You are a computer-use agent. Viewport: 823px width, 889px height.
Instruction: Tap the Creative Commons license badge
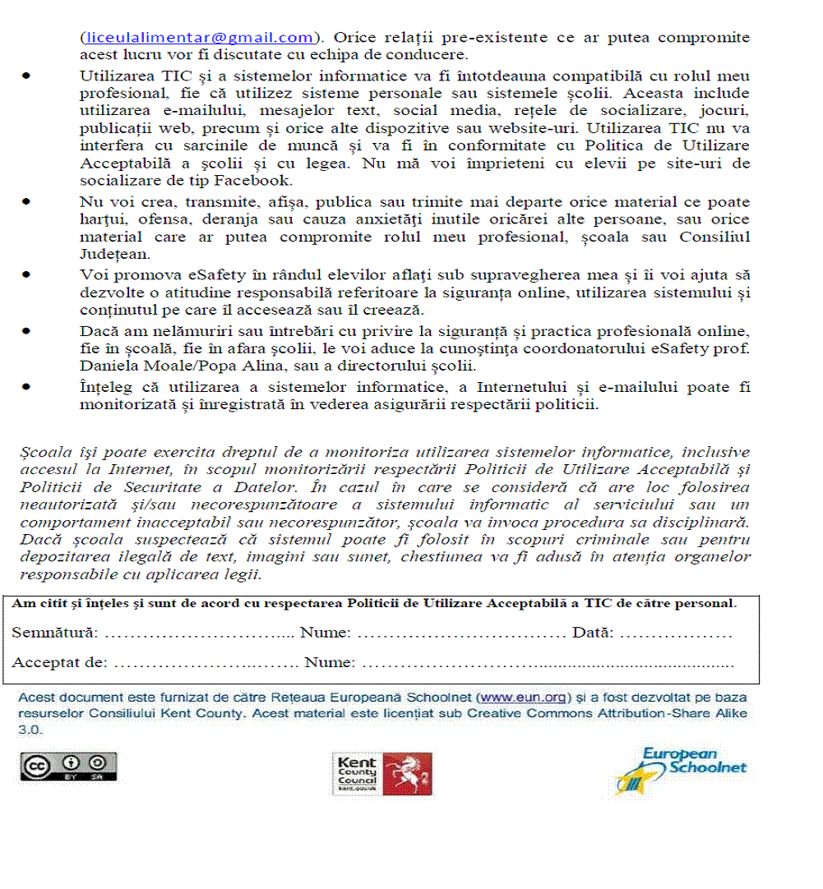click(69, 766)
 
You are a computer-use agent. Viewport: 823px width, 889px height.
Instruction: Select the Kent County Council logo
click(382, 774)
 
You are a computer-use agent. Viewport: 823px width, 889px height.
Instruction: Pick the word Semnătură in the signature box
click(54, 633)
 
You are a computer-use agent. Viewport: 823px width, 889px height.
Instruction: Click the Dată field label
click(593, 633)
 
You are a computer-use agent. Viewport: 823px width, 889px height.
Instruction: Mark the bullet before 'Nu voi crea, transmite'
click(27, 201)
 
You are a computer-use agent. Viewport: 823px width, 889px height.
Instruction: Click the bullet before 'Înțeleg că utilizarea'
click(27, 385)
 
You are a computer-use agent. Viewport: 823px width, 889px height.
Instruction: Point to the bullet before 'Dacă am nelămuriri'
click(27, 330)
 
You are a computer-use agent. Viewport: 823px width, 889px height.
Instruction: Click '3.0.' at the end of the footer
click(30, 729)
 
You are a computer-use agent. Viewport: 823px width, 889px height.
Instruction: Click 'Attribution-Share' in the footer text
click(656, 713)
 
